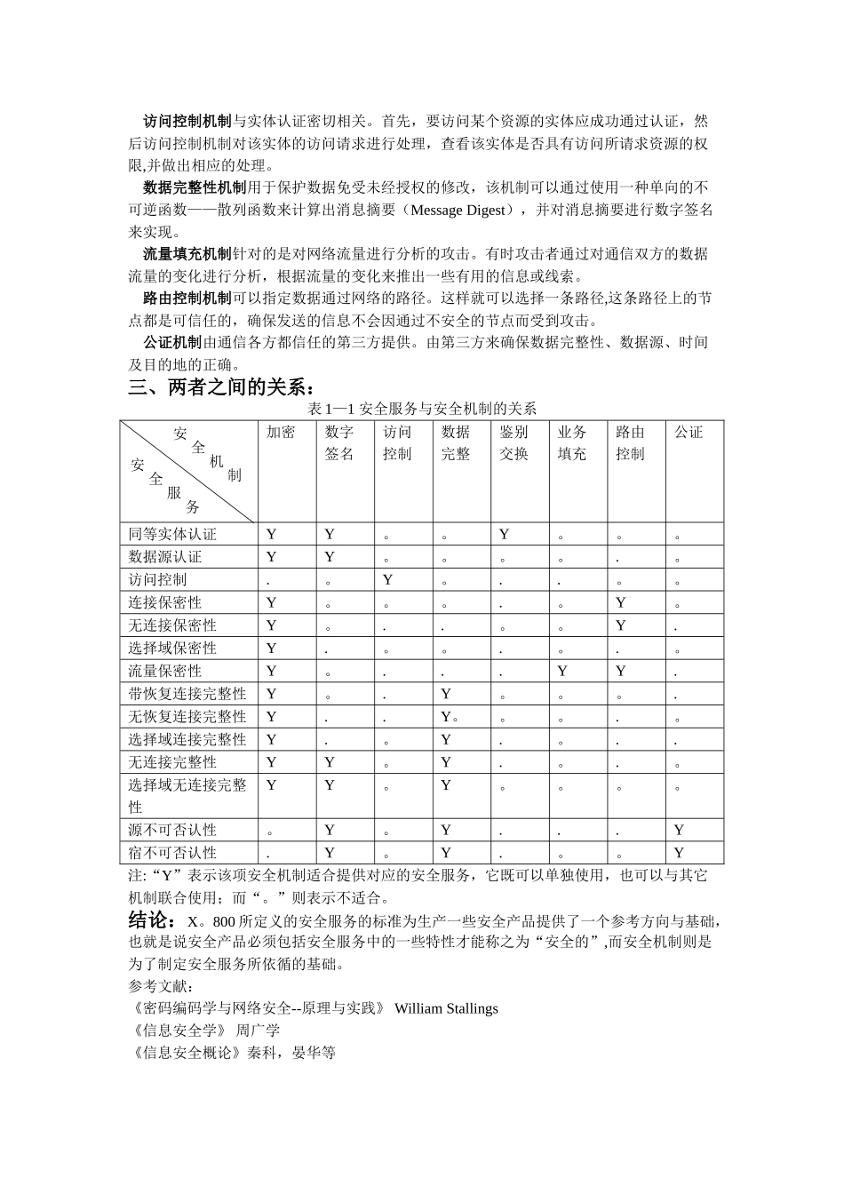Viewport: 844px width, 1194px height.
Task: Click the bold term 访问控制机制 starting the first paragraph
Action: [187, 122]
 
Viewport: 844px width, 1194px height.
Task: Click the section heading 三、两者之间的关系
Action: [221, 388]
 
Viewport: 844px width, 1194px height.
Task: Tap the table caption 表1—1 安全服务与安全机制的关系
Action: [421, 409]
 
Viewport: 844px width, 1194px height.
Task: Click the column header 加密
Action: [280, 433]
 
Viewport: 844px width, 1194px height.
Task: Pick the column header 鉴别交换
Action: [514, 443]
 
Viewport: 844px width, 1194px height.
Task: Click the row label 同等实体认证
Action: [172, 534]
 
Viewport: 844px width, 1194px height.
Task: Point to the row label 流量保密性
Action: [165, 671]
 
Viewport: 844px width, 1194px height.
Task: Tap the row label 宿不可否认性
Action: [172, 853]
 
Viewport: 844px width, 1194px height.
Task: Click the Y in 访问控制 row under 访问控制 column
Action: [387, 580]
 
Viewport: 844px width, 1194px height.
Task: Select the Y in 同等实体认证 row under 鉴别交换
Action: [504, 534]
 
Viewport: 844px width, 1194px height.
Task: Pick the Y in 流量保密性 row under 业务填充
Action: [562, 671]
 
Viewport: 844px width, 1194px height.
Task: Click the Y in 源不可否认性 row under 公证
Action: [679, 830]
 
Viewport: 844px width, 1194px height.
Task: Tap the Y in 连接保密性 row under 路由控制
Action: [620, 602]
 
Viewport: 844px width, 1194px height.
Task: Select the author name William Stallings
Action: [446, 1009]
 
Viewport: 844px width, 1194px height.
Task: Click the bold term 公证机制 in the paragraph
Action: [172, 343]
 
